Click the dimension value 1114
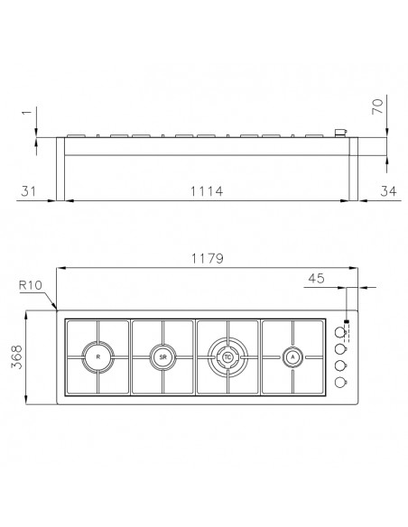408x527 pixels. point(206,190)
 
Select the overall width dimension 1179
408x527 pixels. point(206,258)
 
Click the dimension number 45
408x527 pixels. point(316,279)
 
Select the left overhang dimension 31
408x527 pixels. point(30,190)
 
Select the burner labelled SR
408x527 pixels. point(162,357)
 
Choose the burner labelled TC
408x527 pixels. point(227,357)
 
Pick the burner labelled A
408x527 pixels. point(292,357)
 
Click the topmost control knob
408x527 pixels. point(341,331)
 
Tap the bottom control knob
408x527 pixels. point(341,383)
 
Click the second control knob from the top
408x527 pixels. point(341,348)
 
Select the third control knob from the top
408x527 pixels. point(341,365)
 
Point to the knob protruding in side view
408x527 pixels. point(340,133)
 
